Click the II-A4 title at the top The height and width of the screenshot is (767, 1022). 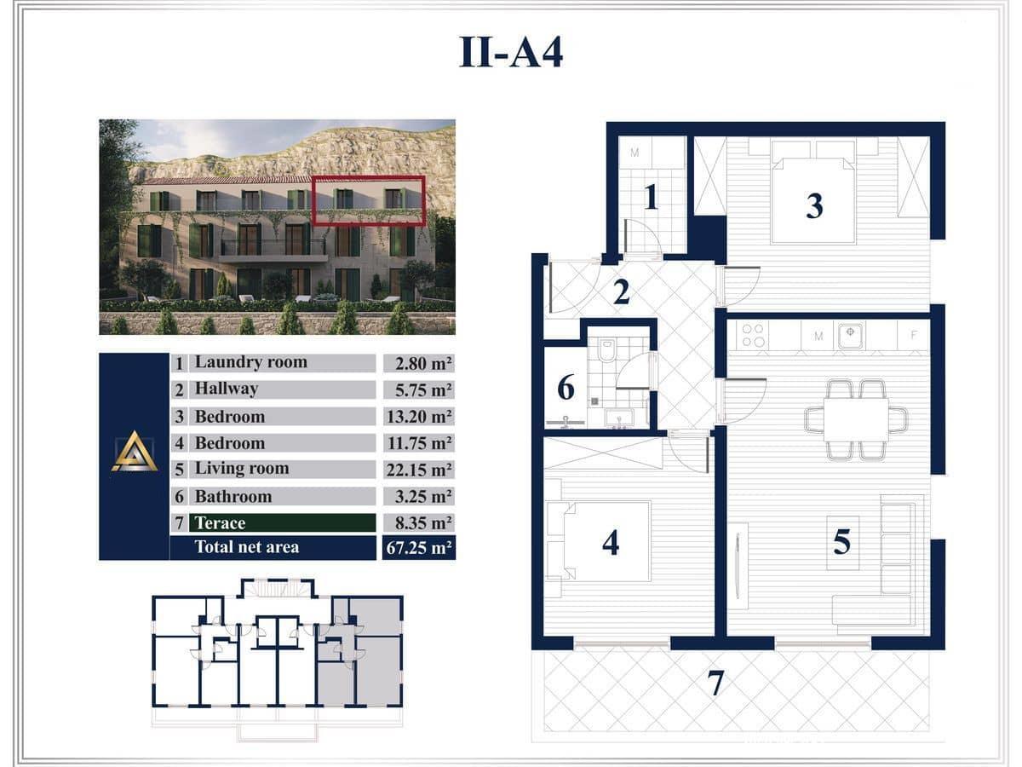[x=511, y=52]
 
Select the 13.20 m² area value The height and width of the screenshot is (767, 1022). [x=419, y=417]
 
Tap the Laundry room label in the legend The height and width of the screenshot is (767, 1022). [x=251, y=362]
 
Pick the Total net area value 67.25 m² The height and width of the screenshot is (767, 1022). [x=419, y=548]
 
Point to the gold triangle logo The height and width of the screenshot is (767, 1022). [x=135, y=452]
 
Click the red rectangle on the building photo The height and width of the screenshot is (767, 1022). [x=368, y=200]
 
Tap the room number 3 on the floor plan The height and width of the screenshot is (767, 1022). [x=814, y=206]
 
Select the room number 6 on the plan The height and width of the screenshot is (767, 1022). [x=566, y=388]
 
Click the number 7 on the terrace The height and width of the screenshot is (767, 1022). [x=715, y=683]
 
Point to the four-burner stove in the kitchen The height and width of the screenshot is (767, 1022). [x=753, y=335]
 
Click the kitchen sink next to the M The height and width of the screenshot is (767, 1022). [x=851, y=335]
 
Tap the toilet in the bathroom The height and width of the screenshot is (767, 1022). [x=606, y=350]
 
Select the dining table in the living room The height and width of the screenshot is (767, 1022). [x=856, y=419]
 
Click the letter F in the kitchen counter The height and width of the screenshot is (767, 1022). [x=914, y=335]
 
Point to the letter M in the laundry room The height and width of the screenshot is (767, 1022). [x=634, y=153]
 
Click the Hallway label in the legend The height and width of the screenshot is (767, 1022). [x=227, y=389]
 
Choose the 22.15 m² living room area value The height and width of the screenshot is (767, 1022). [x=419, y=470]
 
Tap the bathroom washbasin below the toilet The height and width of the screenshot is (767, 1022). [x=619, y=418]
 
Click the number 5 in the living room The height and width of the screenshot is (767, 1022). [x=841, y=542]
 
